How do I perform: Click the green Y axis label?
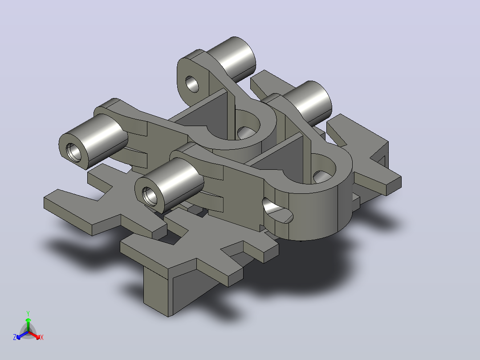[28, 313]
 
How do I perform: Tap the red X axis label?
[42, 337]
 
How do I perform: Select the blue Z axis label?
[15, 337]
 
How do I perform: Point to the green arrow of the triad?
[28, 324]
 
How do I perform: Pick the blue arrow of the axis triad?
[22, 335]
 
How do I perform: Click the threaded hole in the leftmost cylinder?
[74, 152]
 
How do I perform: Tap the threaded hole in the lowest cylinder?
[150, 196]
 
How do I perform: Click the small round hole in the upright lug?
[192, 84]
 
